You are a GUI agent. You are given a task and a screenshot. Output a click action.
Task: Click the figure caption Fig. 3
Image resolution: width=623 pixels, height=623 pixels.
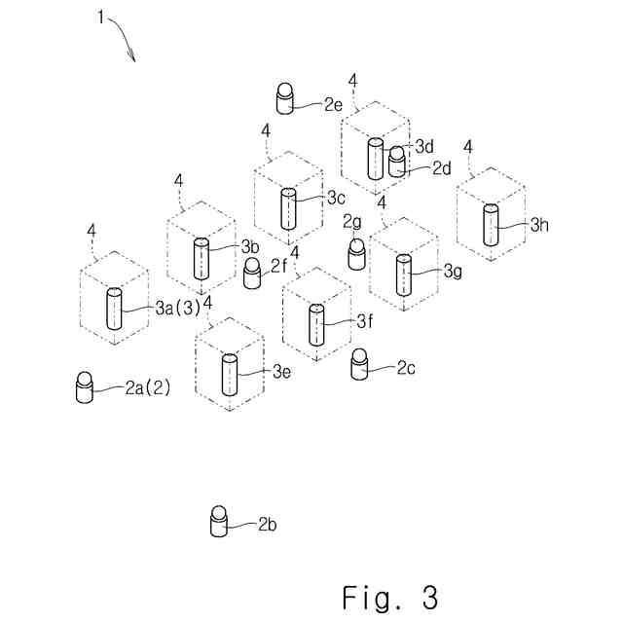[389, 596]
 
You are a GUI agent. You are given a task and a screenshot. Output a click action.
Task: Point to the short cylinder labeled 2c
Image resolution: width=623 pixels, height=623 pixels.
[360, 363]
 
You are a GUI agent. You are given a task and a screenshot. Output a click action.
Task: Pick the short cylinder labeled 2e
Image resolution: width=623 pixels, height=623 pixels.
[285, 99]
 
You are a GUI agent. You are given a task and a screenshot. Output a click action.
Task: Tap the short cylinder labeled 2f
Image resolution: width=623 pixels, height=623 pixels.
[253, 274]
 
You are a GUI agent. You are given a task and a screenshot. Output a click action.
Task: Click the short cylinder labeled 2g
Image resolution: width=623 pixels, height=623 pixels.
[356, 253]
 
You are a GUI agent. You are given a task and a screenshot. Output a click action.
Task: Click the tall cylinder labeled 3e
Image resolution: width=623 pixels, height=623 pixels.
[230, 373]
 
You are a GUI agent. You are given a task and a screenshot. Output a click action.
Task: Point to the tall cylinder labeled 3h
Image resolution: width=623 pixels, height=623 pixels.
[491, 225]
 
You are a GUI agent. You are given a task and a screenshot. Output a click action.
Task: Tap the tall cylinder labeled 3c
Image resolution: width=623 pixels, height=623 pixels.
[288, 208]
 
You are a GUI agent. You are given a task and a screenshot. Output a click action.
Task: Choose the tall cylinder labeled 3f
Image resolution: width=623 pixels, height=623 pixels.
[316, 324]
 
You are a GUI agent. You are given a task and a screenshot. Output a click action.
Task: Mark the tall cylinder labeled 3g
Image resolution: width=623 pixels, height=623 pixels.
[402, 274]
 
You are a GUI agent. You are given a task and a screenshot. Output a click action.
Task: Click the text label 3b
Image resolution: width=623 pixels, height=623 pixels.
[249, 245]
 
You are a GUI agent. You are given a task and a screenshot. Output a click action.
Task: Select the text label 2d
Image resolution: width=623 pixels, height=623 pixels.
[442, 167]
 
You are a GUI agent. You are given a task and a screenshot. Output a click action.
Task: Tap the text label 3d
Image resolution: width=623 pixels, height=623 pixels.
[424, 146]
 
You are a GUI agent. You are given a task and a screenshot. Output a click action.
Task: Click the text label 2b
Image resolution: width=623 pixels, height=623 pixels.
[268, 525]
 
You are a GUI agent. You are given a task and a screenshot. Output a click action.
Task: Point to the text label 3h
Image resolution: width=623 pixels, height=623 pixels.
[540, 225]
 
